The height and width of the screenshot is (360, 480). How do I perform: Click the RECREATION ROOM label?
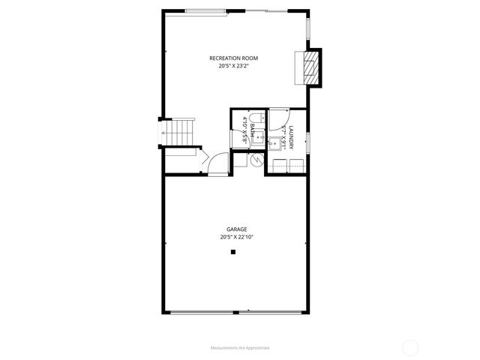coord(234,58)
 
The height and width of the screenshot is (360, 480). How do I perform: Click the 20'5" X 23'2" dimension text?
coord(234,66)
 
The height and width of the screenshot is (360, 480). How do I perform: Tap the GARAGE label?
coord(237,229)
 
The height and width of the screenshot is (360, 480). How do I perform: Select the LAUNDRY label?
coord(290,139)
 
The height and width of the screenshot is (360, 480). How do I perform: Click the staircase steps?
coord(180,132)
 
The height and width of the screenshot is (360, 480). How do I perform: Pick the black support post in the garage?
coord(233,253)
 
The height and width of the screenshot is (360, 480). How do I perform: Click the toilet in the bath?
coord(254,118)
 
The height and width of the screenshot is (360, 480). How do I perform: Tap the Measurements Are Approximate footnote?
coord(240,348)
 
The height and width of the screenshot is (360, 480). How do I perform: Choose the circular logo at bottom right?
coord(410,346)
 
